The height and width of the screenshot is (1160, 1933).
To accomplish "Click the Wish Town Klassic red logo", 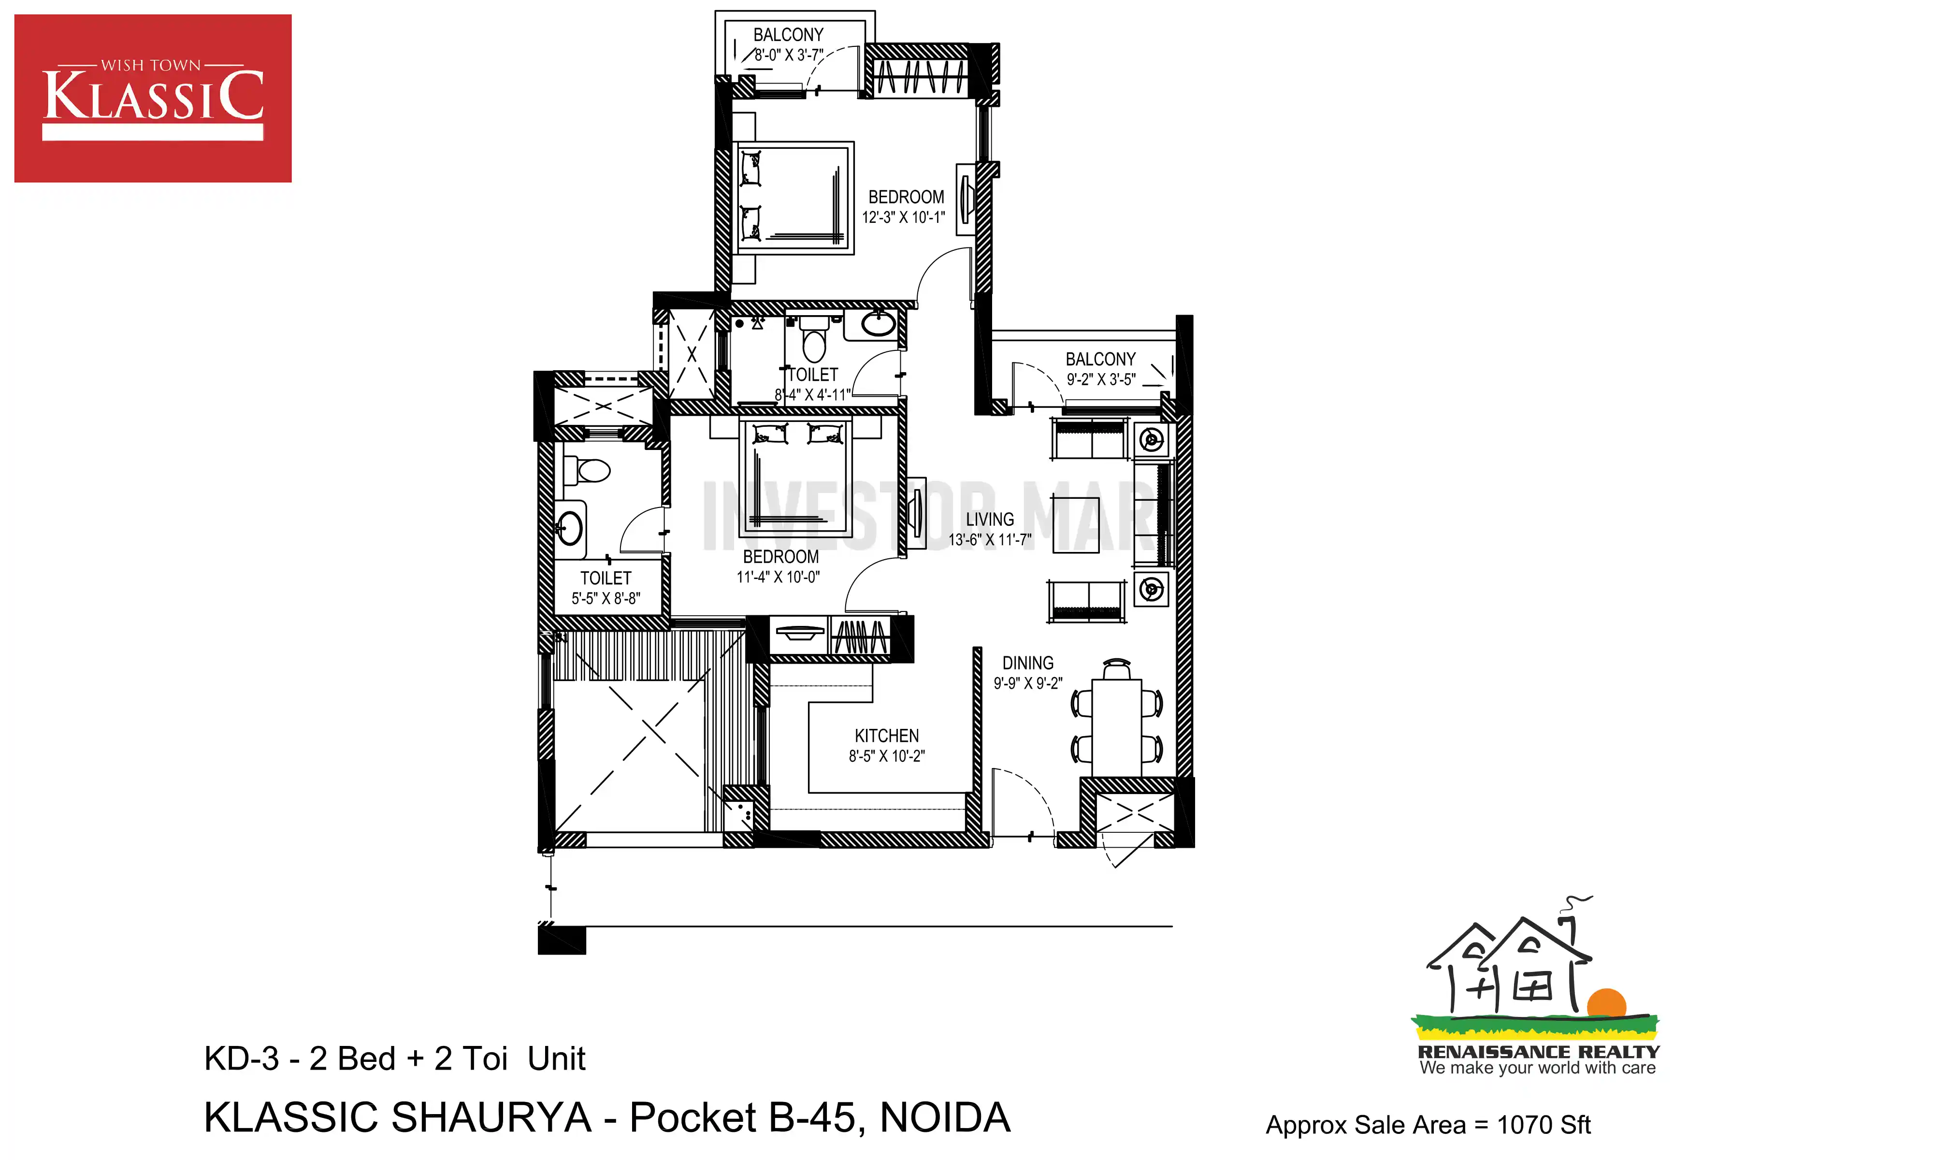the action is (x=153, y=99).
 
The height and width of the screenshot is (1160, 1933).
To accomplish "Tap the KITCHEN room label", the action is (x=887, y=736).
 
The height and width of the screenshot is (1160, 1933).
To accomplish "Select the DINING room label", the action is (x=1028, y=663).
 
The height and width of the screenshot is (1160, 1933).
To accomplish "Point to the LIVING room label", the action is (x=990, y=520).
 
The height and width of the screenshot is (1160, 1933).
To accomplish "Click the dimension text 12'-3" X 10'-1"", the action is (x=904, y=217).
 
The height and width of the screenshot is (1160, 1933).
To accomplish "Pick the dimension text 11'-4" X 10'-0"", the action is (x=778, y=577).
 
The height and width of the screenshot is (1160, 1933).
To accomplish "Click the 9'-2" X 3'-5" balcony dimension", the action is (x=1101, y=380).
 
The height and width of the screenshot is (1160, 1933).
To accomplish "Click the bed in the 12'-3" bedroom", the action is (x=794, y=198).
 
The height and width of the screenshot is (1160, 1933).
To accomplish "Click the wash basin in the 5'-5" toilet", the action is (x=570, y=528).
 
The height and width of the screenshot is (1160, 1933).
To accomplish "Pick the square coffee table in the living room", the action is (x=1076, y=525).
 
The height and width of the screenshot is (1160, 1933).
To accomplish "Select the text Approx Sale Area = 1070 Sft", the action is (x=1428, y=1125).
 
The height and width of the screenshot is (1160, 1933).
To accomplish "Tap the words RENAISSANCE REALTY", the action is (x=1539, y=1052).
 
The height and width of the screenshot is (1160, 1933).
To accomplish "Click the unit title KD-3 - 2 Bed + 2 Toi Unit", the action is (x=394, y=1059).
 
